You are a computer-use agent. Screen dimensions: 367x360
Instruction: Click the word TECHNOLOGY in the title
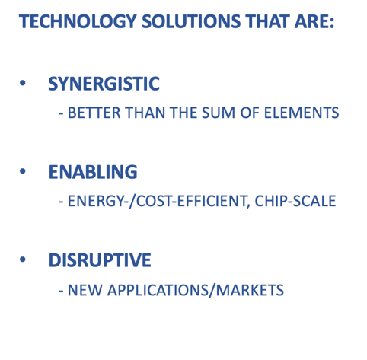click(x=78, y=21)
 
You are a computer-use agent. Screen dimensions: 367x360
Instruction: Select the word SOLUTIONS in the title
click(x=191, y=21)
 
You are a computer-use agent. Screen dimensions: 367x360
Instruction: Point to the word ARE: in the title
click(x=314, y=21)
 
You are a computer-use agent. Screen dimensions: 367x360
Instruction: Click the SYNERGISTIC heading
click(x=104, y=84)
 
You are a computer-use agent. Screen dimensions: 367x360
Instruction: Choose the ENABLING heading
click(x=93, y=172)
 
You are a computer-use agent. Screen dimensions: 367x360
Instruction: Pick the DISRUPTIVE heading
click(x=100, y=260)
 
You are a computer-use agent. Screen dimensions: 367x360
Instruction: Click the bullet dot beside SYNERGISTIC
click(x=23, y=83)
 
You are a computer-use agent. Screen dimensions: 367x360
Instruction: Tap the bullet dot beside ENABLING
click(x=23, y=171)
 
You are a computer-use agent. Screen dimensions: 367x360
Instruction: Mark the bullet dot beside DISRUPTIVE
click(x=23, y=260)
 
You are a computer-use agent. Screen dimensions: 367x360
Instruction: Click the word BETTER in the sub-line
click(x=94, y=113)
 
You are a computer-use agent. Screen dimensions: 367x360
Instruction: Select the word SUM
click(x=219, y=113)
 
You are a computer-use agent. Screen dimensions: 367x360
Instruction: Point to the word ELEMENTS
click(x=302, y=113)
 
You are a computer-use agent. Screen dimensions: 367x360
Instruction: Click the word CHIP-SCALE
click(x=295, y=201)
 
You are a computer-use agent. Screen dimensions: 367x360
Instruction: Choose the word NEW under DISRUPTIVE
click(x=85, y=290)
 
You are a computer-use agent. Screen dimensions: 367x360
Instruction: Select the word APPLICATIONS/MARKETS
click(x=196, y=291)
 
